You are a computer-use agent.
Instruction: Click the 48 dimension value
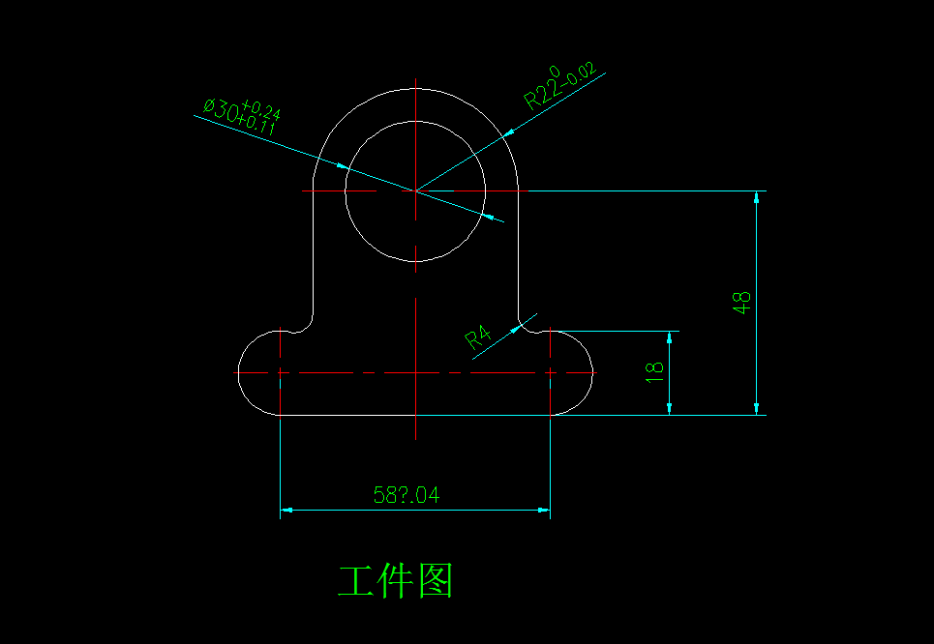[742, 302]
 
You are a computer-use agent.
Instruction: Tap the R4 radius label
[478, 337]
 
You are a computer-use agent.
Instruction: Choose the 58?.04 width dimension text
[407, 495]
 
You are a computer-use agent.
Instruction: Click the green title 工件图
[395, 580]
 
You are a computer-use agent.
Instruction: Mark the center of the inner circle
[414, 191]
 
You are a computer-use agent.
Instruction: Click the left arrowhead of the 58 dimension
[286, 509]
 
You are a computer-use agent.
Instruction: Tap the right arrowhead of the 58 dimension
[544, 509]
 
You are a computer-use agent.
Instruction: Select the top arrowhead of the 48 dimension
[757, 198]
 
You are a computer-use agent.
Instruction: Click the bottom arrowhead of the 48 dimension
[757, 408]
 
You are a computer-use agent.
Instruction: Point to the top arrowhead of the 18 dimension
[669, 337]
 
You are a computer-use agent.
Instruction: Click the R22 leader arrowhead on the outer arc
[509, 134]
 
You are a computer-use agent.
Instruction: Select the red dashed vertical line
[550, 372]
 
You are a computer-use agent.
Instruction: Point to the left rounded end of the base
[244, 372]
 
